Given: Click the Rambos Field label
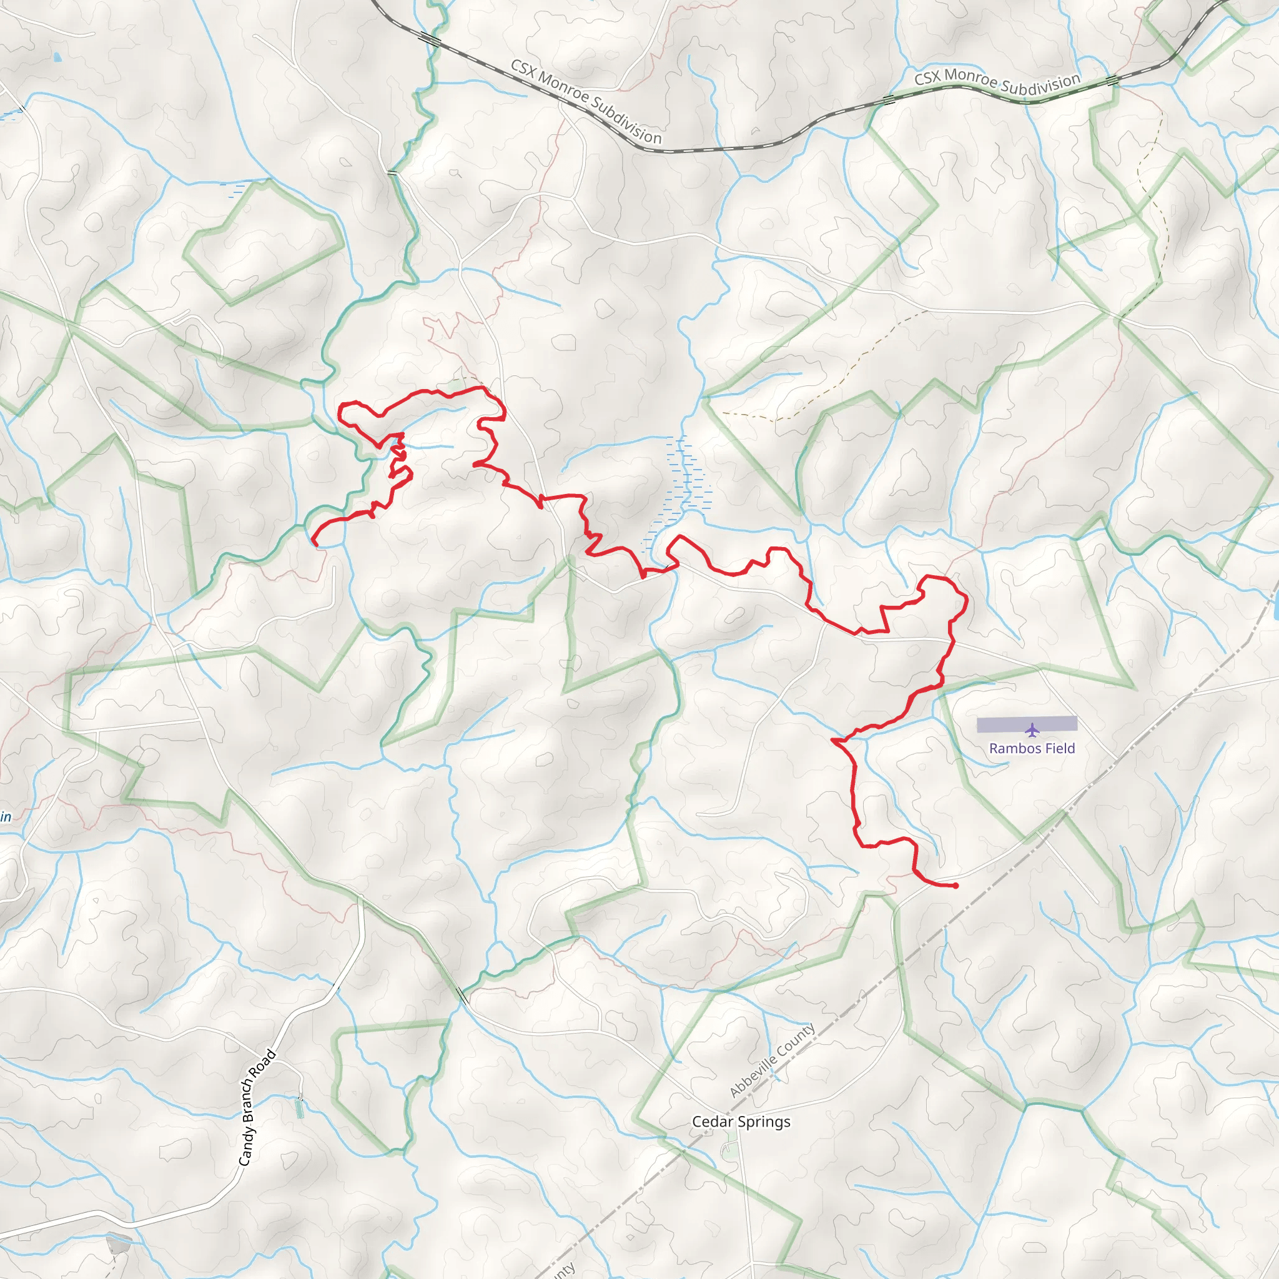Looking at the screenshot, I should tap(1032, 749).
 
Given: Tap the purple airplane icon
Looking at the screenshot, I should tap(1032, 730).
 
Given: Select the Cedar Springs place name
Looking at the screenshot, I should tap(741, 1122).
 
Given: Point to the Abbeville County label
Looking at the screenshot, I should tap(772, 1060).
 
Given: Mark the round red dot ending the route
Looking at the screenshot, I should tap(956, 886).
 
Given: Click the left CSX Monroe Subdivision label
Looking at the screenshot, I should tap(585, 101).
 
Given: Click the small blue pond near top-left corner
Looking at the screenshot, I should tap(57, 57).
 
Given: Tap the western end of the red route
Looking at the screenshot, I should tap(315, 543).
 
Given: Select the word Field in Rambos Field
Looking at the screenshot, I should tap(1060, 749).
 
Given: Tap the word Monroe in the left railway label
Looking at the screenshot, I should tap(563, 88).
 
